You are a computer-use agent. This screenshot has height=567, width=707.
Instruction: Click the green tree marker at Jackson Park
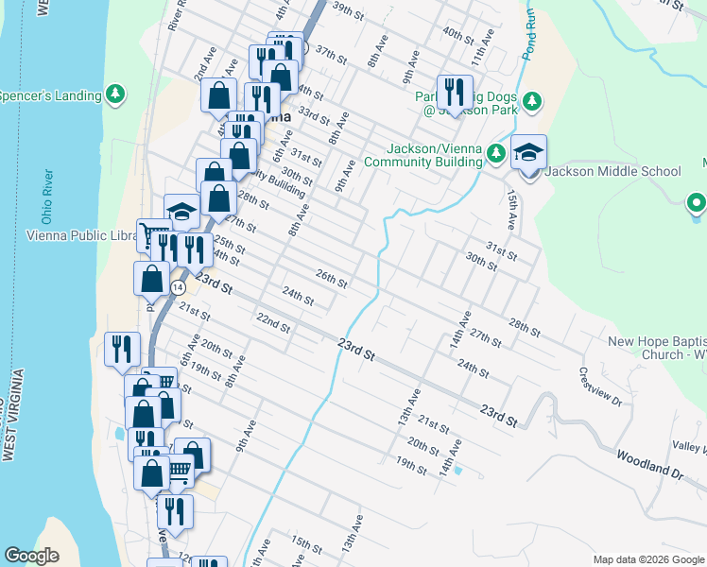[x=533, y=100]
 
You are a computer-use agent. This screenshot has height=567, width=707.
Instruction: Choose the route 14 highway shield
[x=178, y=286]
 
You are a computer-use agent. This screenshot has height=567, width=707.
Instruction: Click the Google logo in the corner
[x=31, y=556]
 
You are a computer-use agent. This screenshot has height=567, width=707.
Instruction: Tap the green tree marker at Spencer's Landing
[x=115, y=94]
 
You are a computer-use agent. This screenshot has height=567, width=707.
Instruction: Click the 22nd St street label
[x=273, y=321]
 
